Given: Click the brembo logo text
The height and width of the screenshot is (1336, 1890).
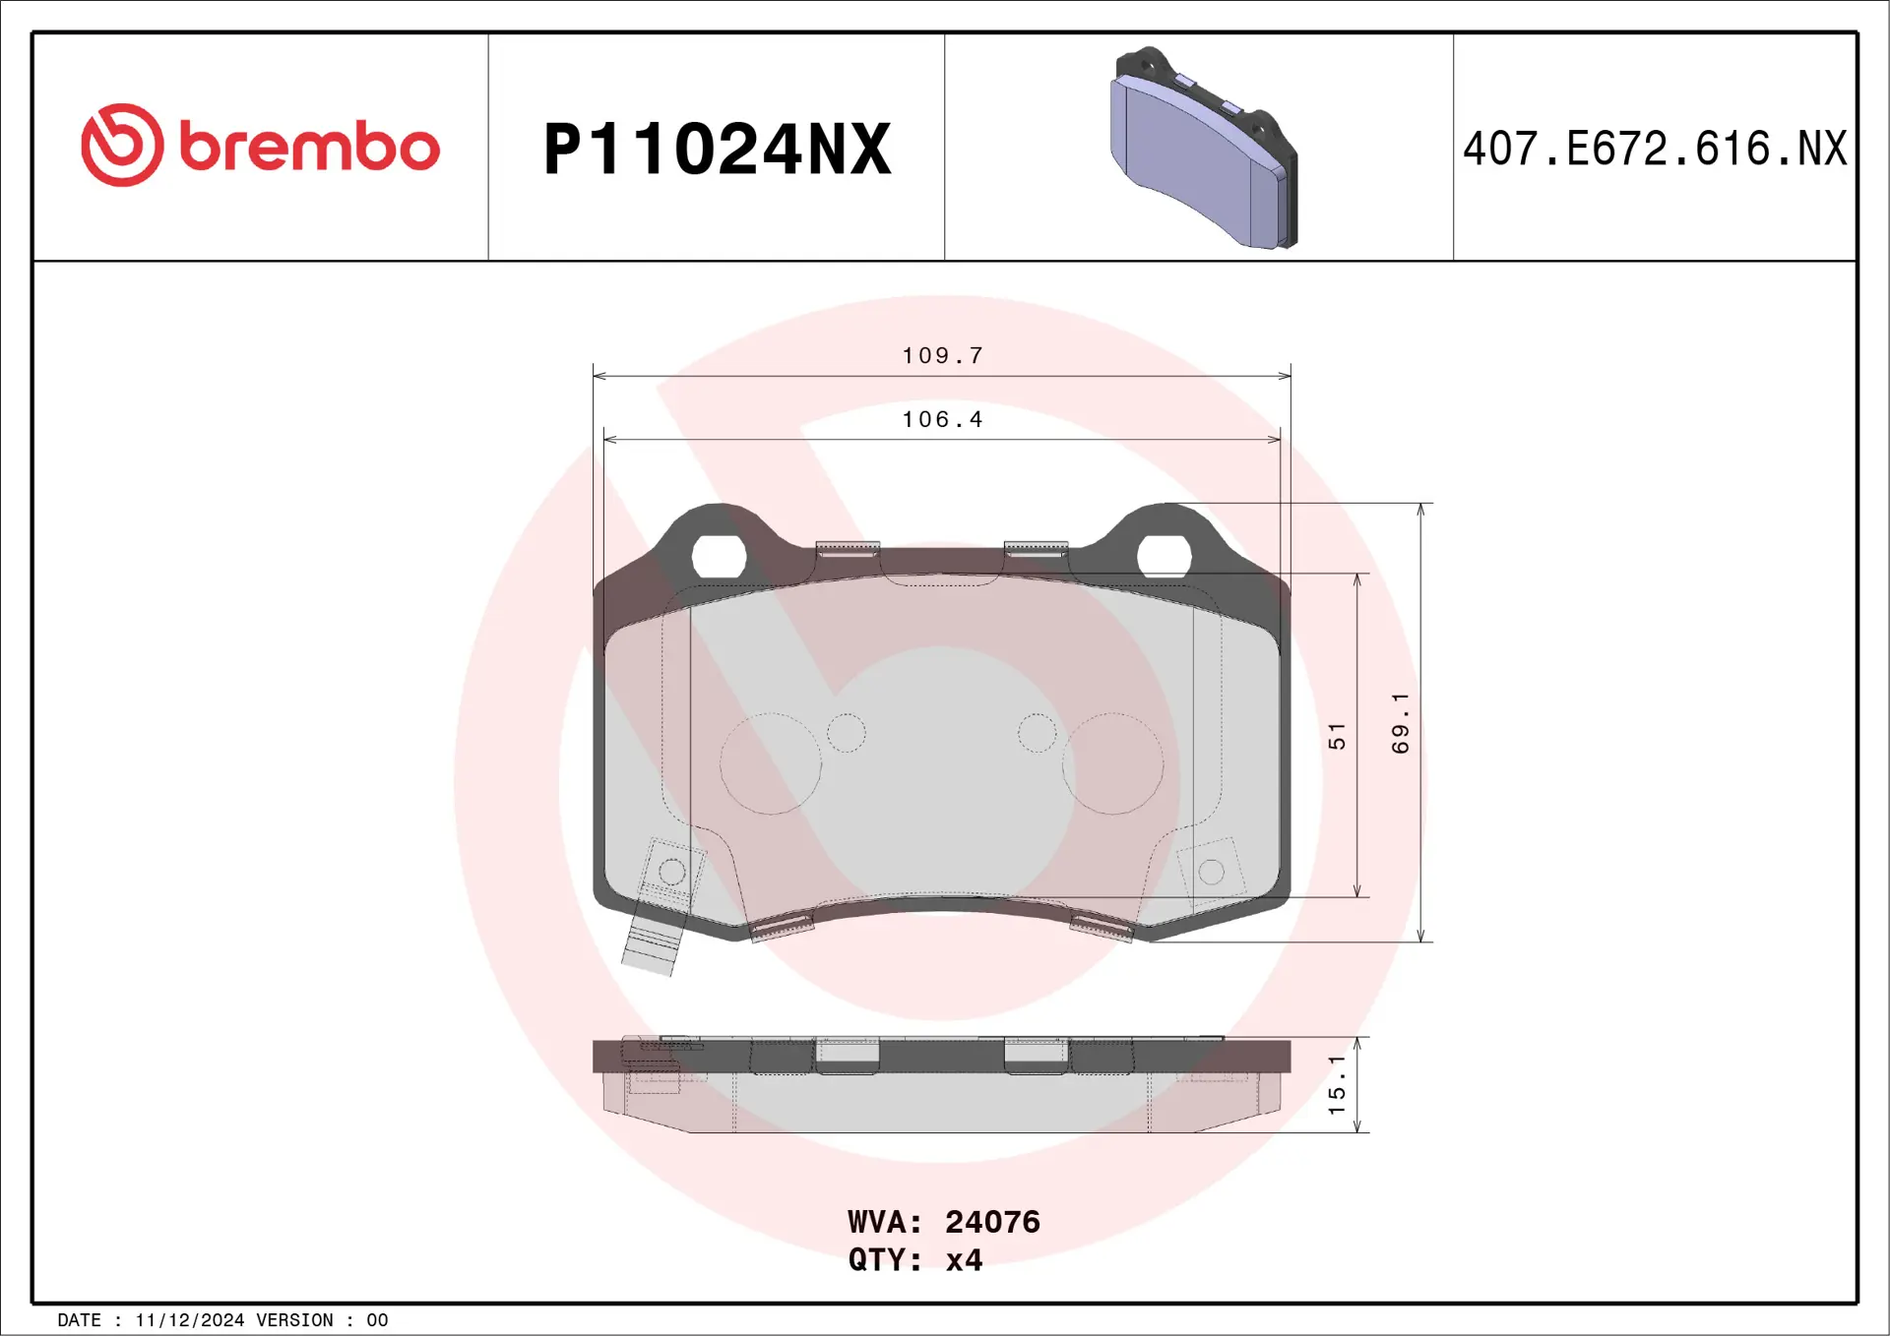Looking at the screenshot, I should coord(309,148).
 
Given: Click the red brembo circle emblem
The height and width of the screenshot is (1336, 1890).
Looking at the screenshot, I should coord(122,145).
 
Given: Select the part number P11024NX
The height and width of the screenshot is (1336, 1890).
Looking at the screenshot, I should coord(717,150).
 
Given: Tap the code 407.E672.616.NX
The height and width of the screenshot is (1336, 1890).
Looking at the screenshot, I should coord(1654,149).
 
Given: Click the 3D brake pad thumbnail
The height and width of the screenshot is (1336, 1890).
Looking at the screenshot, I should coord(1204,149).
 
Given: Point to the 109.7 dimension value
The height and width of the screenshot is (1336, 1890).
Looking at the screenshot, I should coord(942,355).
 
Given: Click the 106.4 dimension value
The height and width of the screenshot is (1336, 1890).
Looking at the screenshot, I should coord(942,419).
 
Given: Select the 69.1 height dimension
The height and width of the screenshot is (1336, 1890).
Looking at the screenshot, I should coord(1400,723).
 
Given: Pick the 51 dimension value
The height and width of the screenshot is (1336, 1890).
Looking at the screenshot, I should coord(1336,736).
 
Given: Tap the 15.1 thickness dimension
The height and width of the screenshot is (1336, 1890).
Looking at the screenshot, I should coord(1336,1084).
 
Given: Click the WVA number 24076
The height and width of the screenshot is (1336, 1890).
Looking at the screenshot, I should coord(992,1222).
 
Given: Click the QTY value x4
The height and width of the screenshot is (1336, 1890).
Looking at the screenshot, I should coord(964,1260).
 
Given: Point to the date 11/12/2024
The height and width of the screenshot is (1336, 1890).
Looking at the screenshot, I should coord(189,1320).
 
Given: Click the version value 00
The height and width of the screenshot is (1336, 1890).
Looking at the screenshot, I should coord(377,1320).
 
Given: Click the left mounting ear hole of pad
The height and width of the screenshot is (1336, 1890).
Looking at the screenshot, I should coord(719,557).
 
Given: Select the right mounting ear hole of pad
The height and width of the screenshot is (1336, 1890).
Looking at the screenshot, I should coord(1165,557).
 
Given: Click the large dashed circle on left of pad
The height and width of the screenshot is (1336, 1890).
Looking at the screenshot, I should coord(770,763).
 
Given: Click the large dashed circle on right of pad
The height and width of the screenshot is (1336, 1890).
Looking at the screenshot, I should coord(1112,763).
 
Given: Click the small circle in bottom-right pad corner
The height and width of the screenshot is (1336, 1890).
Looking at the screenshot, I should coord(1212,872).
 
